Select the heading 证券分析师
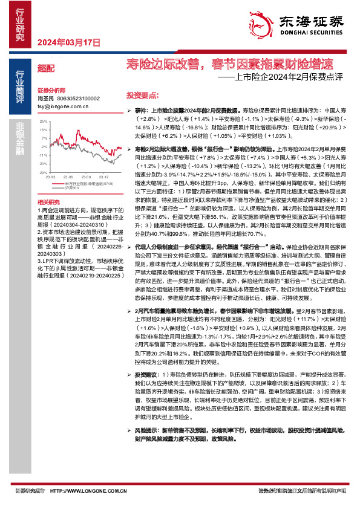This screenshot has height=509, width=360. pos(50,89)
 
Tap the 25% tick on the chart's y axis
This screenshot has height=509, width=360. pos(43,122)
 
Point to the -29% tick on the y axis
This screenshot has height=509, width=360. pos(42,172)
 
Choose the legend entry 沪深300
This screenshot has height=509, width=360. pos(70,188)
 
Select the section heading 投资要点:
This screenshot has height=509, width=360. pos(143,96)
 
